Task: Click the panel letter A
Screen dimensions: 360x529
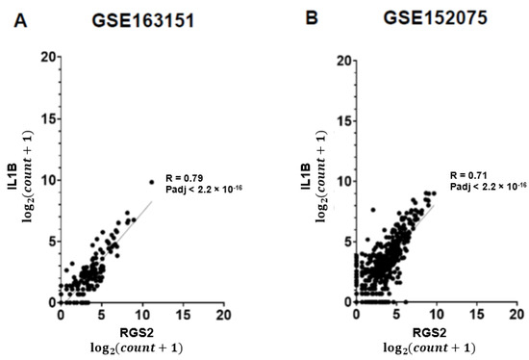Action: pyautogui.click(x=20, y=18)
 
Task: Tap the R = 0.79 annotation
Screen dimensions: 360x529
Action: pyautogui.click(x=187, y=177)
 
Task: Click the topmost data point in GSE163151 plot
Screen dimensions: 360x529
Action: pyautogui.click(x=151, y=181)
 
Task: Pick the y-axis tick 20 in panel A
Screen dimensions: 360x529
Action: pyautogui.click(x=45, y=57)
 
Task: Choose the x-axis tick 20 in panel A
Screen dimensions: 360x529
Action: pyautogui.click(x=222, y=315)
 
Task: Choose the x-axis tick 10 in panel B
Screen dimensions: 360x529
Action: pyautogui.click(x=437, y=315)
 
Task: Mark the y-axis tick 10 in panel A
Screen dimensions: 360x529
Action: pyautogui.click(x=45, y=179)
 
